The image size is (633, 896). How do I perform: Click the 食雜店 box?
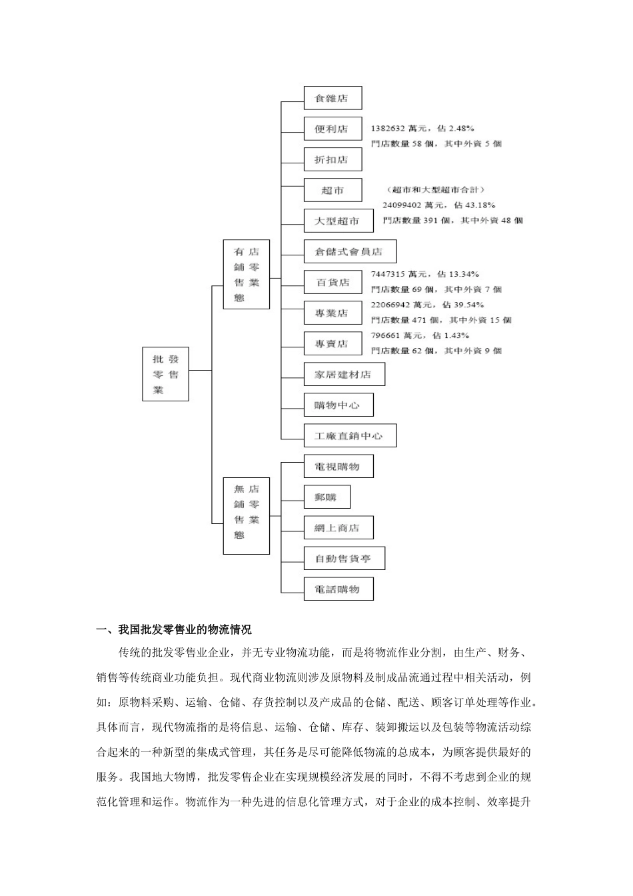(332, 98)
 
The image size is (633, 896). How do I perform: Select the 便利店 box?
(332, 129)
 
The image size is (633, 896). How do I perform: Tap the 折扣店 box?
(332, 159)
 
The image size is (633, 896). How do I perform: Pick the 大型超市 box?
(338, 221)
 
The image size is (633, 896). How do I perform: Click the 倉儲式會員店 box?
(350, 251)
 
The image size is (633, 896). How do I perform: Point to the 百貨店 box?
(332, 282)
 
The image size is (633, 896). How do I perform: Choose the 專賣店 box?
(332, 343)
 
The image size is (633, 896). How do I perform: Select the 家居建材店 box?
(344, 374)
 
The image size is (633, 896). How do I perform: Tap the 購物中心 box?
(338, 405)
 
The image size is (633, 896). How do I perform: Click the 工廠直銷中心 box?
(350, 435)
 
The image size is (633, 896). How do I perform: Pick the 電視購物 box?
(338, 466)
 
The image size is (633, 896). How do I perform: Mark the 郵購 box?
(326, 497)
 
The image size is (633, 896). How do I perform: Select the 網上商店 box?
(338, 527)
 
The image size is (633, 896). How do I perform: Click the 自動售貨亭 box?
(344, 558)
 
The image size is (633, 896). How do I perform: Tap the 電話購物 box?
(338, 589)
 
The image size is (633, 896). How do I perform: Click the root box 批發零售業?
(165, 374)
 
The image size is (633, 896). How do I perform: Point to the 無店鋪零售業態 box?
(246, 515)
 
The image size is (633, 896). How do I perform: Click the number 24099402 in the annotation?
(401, 205)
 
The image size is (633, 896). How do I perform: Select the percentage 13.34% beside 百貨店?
(464, 274)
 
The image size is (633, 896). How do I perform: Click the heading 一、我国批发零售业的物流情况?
(174, 629)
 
